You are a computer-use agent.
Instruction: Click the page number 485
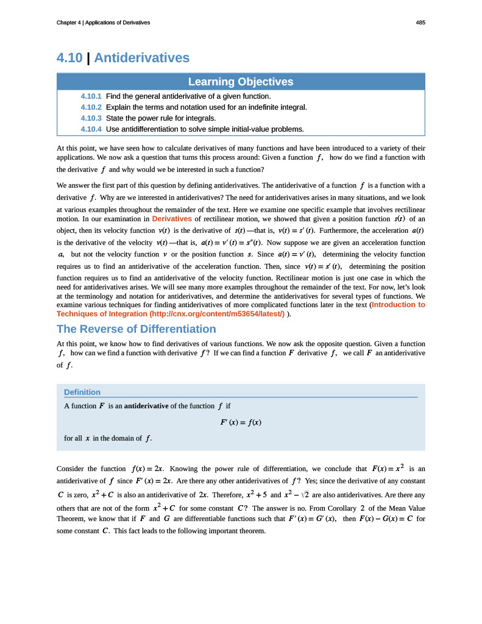point(420,23)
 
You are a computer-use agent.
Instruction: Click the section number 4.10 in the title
point(69,58)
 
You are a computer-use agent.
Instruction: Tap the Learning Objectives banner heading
point(241,82)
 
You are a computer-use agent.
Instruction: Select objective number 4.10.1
point(91,96)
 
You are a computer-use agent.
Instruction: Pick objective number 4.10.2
point(91,107)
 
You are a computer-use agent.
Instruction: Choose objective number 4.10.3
point(91,118)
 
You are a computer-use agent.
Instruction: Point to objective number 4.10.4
point(91,129)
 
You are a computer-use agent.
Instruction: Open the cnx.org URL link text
point(216,314)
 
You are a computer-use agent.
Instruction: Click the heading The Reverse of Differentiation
point(136,329)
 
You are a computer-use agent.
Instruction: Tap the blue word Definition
point(82,392)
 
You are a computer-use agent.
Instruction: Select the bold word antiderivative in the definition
point(146,406)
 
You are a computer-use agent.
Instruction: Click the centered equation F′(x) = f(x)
point(241,422)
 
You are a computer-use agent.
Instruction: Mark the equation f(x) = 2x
point(147,469)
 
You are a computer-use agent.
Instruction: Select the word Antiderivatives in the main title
point(142,58)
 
